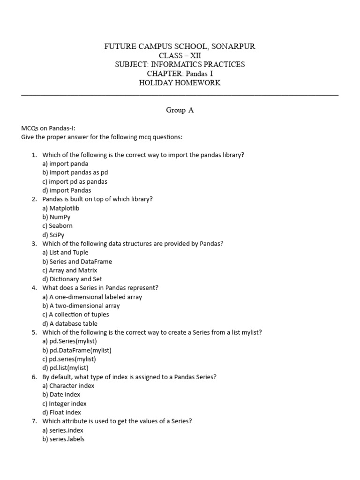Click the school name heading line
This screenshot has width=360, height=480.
click(x=180, y=46)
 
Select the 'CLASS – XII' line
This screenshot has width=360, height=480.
click(x=180, y=55)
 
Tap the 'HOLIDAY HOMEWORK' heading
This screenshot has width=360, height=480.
click(x=180, y=83)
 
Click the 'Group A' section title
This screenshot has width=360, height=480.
click(x=180, y=110)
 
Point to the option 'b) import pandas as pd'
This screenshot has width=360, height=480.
click(x=75, y=172)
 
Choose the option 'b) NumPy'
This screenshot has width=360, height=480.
click(x=56, y=217)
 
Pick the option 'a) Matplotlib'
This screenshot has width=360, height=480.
click(x=60, y=208)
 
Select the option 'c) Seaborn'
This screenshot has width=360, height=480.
click(x=57, y=226)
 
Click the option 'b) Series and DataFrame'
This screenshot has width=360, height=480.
click(x=77, y=262)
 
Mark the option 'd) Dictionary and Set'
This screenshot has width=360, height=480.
click(x=72, y=279)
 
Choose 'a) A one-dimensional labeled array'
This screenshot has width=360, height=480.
click(x=92, y=297)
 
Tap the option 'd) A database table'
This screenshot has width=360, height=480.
click(x=70, y=323)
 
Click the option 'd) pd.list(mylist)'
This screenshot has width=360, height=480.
click(x=65, y=368)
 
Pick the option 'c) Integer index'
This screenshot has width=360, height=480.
click(x=64, y=404)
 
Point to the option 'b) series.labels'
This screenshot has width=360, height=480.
click(x=63, y=439)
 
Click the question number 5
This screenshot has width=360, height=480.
click(x=34, y=332)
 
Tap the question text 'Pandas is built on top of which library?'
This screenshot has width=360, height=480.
click(x=97, y=199)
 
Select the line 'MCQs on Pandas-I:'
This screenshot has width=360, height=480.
click(x=48, y=128)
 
